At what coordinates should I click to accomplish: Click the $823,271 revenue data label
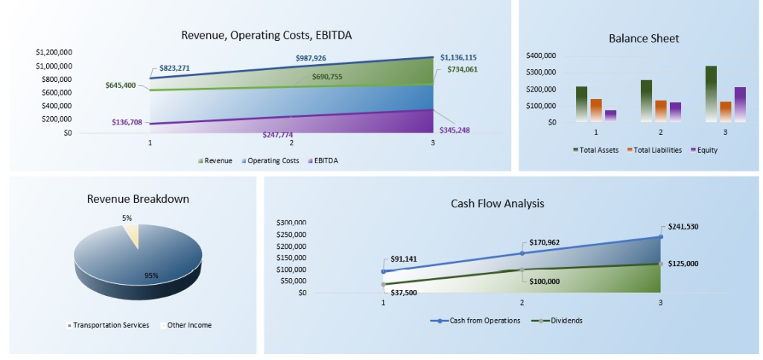click(174, 69)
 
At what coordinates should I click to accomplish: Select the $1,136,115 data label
click(459, 57)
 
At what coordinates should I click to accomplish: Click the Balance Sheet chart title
click(644, 39)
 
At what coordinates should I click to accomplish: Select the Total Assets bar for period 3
click(711, 93)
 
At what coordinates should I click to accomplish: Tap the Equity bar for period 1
click(610, 116)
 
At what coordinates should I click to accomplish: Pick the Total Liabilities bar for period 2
click(661, 110)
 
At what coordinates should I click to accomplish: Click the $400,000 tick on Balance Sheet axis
click(541, 56)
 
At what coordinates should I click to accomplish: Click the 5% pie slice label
click(127, 218)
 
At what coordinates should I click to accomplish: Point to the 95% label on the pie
click(151, 275)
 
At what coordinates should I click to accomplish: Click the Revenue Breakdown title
click(138, 199)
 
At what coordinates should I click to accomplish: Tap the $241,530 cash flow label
click(683, 227)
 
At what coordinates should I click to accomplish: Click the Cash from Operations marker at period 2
click(522, 253)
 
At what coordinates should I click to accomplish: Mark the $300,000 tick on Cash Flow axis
click(291, 223)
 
